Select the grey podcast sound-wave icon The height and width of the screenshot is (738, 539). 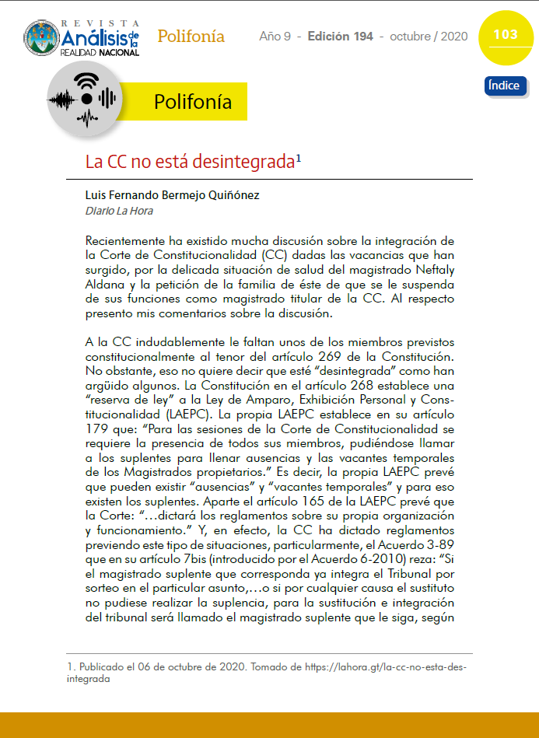[83, 100]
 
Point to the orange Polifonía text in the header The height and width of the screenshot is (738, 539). [191, 37]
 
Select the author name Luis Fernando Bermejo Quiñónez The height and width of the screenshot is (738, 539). [172, 196]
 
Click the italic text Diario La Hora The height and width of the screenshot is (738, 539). [119, 211]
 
